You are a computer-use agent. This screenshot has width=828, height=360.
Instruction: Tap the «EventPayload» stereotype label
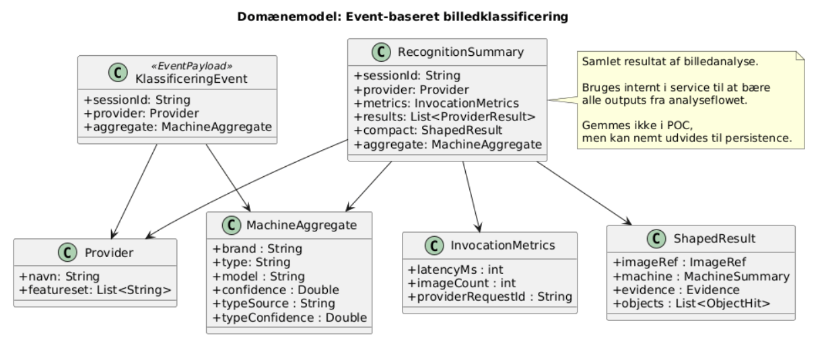[201, 66]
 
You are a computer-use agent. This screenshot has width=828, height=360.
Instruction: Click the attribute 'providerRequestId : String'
[489, 296]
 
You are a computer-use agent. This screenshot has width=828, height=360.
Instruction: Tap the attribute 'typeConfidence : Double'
[289, 317]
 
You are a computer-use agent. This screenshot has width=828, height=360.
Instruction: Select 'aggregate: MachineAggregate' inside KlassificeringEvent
[178, 127]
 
